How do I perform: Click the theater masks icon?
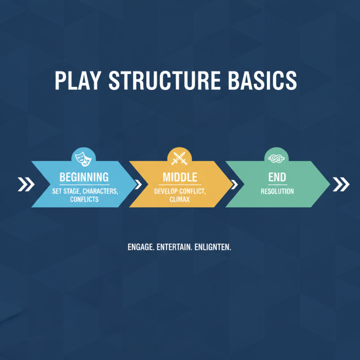(84, 157)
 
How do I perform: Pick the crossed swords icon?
(180, 157)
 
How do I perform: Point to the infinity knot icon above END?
(276, 157)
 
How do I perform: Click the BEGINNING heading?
(84, 177)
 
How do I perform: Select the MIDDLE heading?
(180, 177)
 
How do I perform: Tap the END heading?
(277, 177)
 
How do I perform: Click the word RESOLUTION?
(277, 191)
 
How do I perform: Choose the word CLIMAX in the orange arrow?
(180, 199)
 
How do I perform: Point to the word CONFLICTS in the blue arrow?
(84, 199)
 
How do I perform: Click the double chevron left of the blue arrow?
(26, 184)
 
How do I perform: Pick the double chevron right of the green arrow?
(341, 184)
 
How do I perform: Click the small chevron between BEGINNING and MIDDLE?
(138, 184)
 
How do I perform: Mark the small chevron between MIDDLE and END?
(234, 184)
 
